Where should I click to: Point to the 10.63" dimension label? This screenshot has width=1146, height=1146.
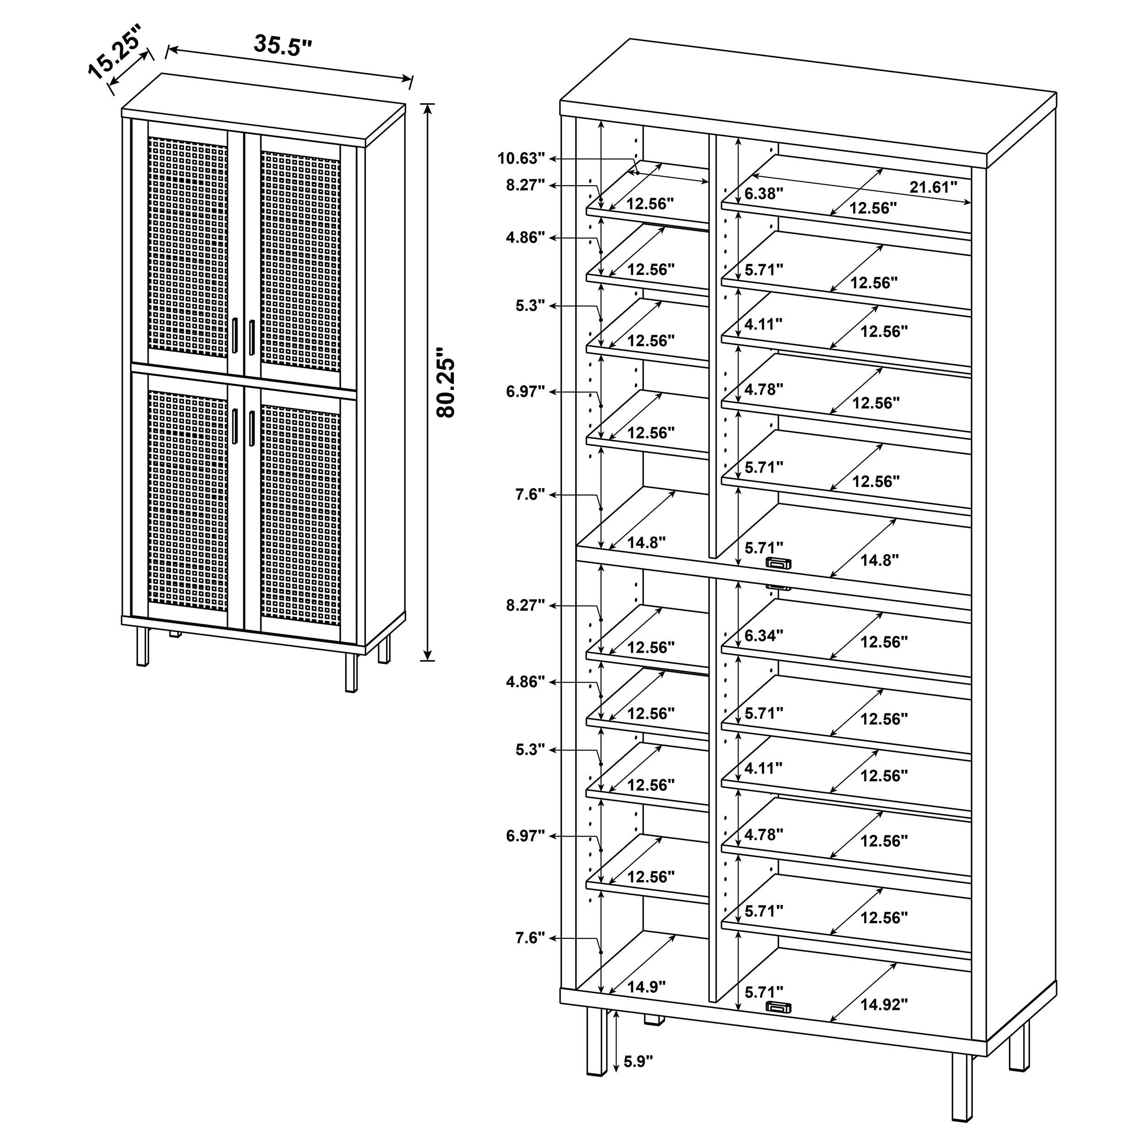pos(520,158)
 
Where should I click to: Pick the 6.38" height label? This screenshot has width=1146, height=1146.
pos(763,193)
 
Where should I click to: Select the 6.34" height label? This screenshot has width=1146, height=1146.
pos(763,636)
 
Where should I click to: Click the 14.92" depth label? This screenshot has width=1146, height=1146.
pos(884,1005)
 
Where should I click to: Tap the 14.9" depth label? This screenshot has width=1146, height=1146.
pos(646,987)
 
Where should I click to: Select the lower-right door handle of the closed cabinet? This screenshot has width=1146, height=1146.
pos(252,426)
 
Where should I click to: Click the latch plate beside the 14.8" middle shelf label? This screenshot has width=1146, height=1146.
pos(778,563)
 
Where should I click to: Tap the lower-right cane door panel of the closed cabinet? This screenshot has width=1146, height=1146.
pos(300,510)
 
